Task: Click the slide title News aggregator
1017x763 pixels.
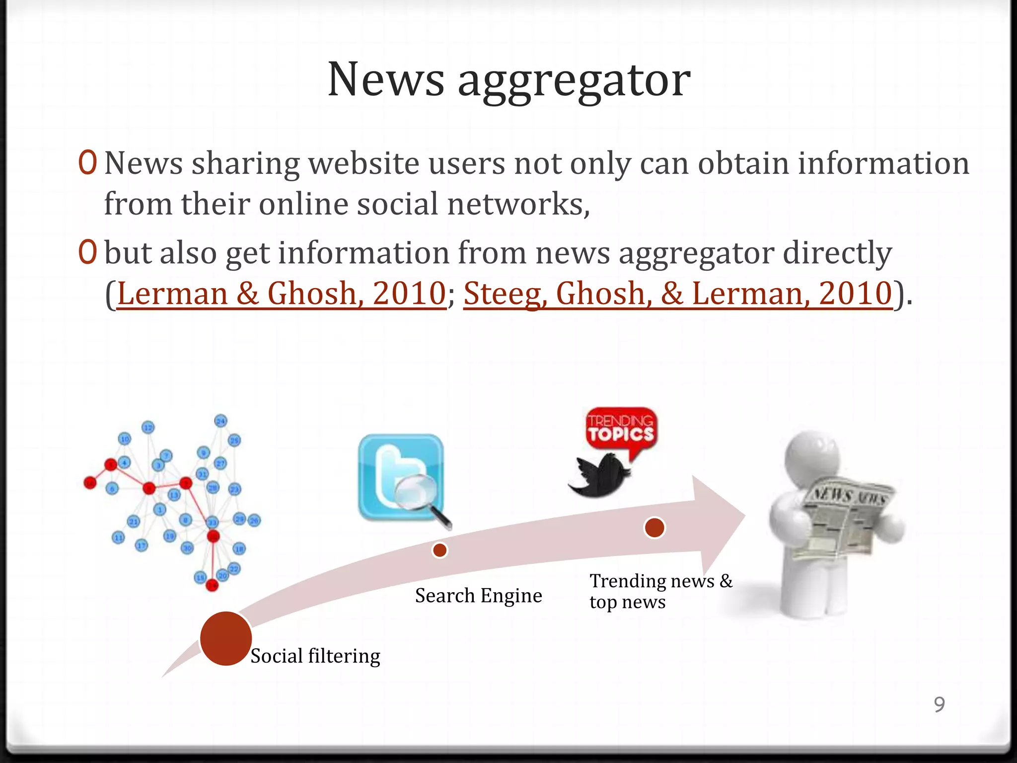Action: coord(509,79)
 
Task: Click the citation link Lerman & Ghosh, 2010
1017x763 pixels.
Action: coord(282,293)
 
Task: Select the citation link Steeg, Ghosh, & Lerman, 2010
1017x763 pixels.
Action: coord(678,293)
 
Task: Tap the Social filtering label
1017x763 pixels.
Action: coord(315,656)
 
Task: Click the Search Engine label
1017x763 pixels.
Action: coord(478,595)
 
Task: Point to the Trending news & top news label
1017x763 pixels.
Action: coord(660,591)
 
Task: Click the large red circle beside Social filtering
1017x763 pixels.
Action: coord(226,638)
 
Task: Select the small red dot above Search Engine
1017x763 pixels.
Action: coord(439,550)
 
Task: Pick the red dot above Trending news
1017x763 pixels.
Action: coord(654,528)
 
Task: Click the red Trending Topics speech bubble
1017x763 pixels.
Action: coord(621,430)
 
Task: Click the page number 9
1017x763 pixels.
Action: coord(939,704)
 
